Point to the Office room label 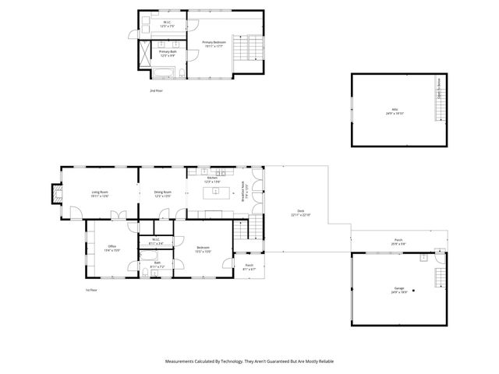pos(112,249)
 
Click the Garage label pos(399,290)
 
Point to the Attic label pos(393,111)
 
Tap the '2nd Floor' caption pos(157,91)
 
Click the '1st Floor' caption pos(91,290)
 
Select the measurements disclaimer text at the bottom pos(249,362)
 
